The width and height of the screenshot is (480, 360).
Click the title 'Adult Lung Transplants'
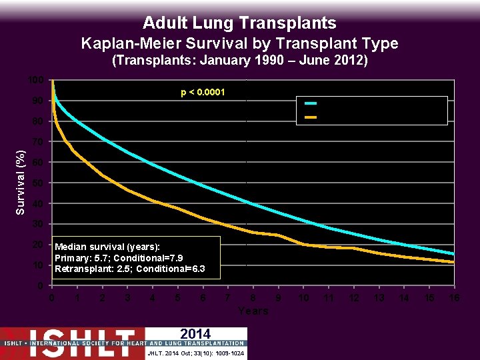coord(239,23)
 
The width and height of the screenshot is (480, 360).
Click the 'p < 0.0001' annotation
coord(203,91)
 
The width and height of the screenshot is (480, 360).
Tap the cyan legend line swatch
coord(311,103)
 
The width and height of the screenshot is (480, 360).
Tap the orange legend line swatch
coord(311,117)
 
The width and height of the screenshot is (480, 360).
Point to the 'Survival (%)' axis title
coord(21,181)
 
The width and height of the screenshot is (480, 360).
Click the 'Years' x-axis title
coord(253,311)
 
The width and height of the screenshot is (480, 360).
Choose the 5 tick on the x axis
coord(177,299)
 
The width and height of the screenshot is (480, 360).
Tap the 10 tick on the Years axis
coord(303,299)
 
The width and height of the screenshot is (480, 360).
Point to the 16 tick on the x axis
coord(454,299)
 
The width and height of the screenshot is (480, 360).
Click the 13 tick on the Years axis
coord(379,299)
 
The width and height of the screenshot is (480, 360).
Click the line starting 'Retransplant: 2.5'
coord(130,269)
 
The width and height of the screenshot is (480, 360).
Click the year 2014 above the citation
coord(195,334)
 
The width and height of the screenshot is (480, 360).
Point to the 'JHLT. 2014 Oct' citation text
coord(196,353)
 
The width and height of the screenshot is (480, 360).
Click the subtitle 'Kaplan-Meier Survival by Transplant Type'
coord(239,44)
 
